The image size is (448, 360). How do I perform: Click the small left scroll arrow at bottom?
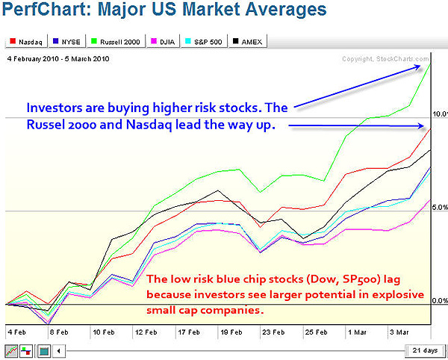(x=60, y=350)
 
